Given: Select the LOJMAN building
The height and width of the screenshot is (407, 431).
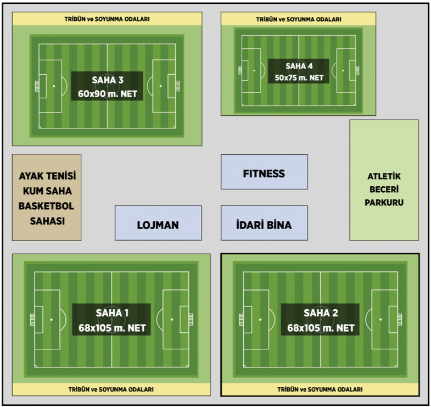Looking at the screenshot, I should (x=158, y=223).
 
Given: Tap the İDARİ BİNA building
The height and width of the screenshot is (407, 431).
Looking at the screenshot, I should (x=264, y=223).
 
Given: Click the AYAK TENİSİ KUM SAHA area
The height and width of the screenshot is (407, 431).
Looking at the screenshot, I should (x=47, y=197).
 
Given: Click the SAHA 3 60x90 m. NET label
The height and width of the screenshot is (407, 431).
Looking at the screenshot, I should (x=107, y=86).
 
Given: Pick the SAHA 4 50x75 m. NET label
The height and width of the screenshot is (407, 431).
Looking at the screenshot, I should (x=299, y=71).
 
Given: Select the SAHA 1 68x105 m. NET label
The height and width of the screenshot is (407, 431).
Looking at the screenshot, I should (x=112, y=320).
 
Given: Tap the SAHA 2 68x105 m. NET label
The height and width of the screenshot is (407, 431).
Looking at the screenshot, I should (x=321, y=320).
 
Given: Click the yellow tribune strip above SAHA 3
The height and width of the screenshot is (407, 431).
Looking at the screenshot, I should (x=107, y=19).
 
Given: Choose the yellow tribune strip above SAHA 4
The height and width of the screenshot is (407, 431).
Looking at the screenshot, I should (x=299, y=19).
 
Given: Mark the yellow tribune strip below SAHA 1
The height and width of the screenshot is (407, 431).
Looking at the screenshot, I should (x=111, y=389).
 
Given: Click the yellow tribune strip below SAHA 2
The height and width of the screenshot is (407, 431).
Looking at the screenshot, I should (x=320, y=389).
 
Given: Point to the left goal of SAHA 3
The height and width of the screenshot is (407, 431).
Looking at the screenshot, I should (x=37, y=86).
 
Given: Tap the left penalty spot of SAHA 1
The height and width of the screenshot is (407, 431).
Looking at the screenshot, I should (x=52, y=319).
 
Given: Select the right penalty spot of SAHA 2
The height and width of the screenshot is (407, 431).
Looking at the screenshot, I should (x=380, y=319).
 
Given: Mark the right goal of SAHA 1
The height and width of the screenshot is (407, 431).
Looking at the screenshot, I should (x=191, y=319).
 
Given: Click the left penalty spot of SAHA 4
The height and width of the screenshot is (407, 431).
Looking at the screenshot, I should (x=254, y=70).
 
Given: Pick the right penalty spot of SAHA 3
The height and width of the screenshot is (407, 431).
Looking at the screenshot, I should (x=160, y=86).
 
